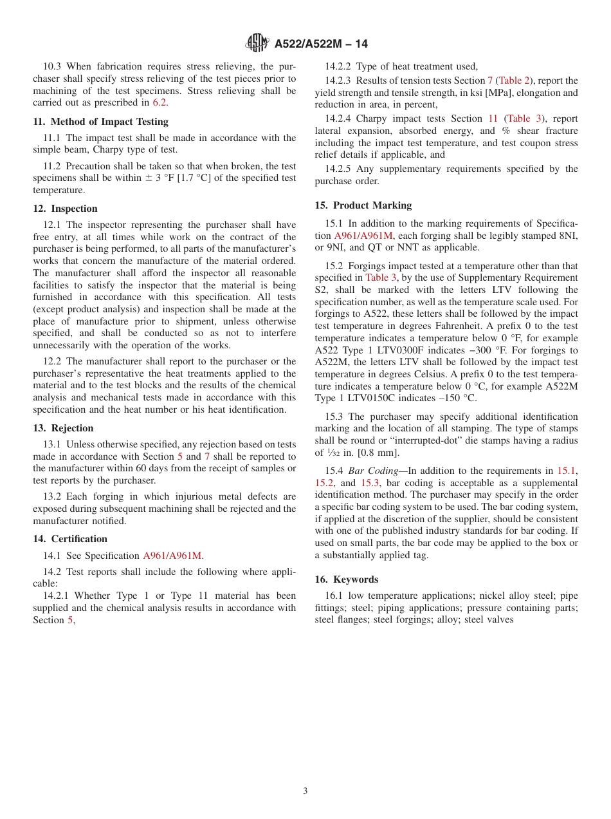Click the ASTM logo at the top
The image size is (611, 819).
[258, 44]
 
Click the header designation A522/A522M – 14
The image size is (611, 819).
[321, 44]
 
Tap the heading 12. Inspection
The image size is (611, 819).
[65, 209]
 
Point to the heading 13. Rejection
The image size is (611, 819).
[63, 428]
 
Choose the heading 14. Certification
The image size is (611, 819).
[70, 539]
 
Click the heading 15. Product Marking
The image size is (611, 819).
[363, 205]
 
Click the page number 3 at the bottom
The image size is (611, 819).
[305, 791]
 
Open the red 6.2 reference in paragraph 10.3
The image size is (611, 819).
[160, 102]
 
